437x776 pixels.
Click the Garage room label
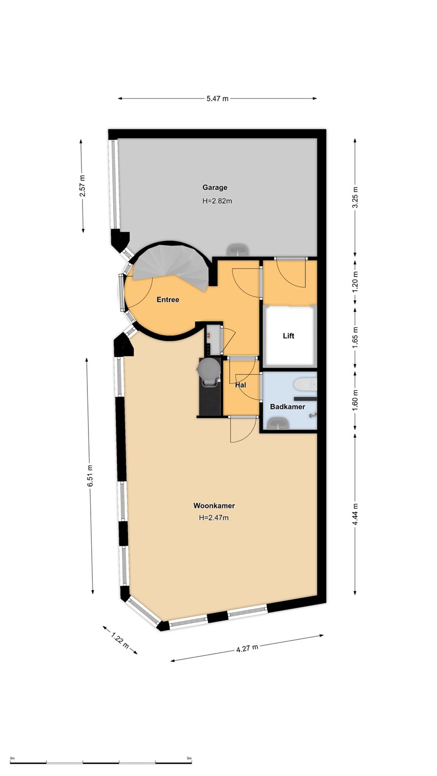[x=215, y=188]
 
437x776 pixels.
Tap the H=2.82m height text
[x=217, y=201]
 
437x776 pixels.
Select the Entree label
[x=168, y=300]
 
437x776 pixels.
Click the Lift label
[x=289, y=336]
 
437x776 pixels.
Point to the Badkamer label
[x=288, y=407]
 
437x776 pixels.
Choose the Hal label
[x=241, y=385]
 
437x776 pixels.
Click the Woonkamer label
[x=214, y=506]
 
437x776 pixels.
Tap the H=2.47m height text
[x=214, y=518]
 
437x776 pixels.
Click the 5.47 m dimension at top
[x=217, y=99]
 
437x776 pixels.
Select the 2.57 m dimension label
[x=82, y=186]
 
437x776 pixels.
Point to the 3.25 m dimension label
[x=356, y=197]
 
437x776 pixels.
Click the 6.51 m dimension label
[x=91, y=476]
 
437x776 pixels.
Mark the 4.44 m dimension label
[x=356, y=514]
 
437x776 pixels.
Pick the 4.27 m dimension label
[x=247, y=648]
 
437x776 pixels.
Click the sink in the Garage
[x=237, y=250]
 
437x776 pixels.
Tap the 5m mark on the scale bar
[x=189, y=758]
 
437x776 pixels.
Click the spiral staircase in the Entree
[x=173, y=265]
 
